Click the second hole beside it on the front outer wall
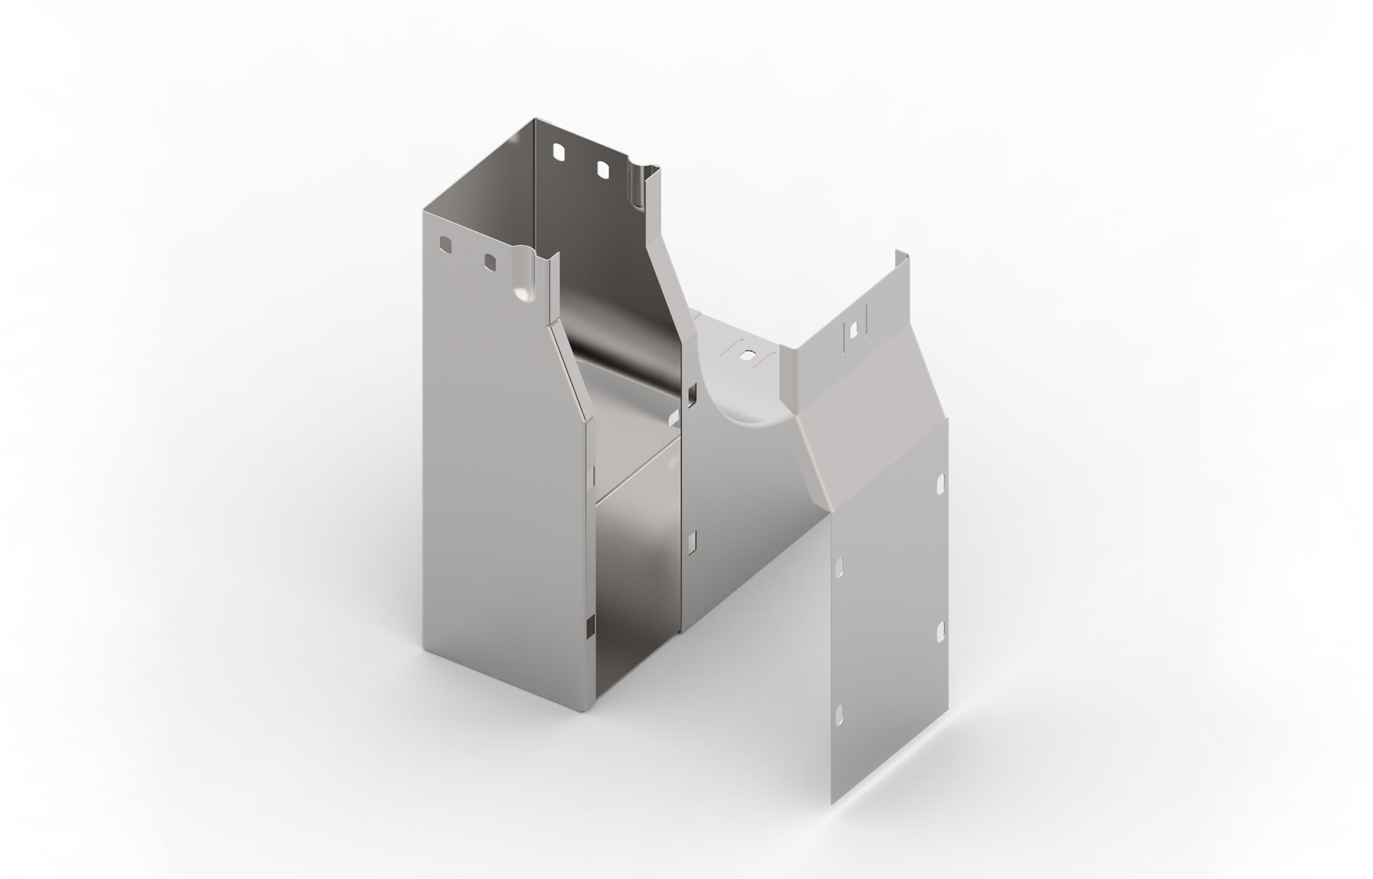(490, 262)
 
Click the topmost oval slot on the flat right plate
(941, 484)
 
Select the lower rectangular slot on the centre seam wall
(692, 543)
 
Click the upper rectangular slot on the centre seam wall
(692, 396)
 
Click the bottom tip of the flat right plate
(832, 803)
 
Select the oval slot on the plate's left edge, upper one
(839, 567)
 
